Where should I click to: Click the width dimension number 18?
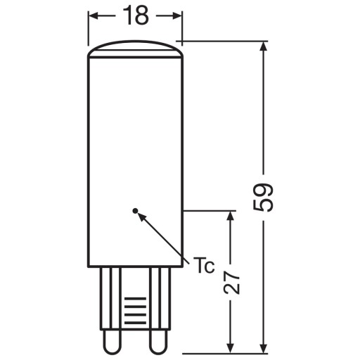[136, 15]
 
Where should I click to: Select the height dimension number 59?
[263, 198]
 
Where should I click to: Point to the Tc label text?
[203, 265]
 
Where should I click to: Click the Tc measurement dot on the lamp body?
[135, 211]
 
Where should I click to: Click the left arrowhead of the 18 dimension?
[94, 16]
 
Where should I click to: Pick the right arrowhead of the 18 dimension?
[177, 16]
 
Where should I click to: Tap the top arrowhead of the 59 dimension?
[264, 46]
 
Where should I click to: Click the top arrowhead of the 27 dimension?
[231, 216]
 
